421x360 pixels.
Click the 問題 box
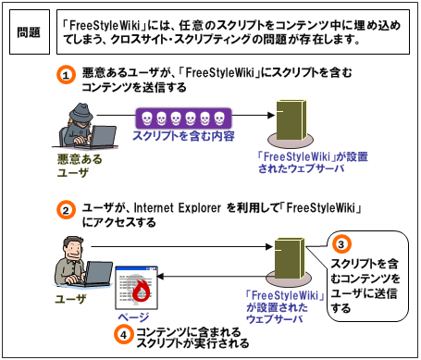[30, 31]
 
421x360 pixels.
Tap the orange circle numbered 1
[66, 75]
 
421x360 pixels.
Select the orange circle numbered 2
[66, 210]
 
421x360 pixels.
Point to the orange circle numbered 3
[341, 244]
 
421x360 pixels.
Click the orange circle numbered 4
[123, 335]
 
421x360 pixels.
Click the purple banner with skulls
[183, 118]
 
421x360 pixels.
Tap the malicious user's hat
[80, 112]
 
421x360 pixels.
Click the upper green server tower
[291, 119]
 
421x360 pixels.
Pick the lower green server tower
[290, 258]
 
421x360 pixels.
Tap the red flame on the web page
[142, 291]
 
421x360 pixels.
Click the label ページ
[133, 317]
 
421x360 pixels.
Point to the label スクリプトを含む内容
[183, 136]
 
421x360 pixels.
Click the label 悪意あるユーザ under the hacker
[80, 166]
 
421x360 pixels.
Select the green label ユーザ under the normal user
[70, 299]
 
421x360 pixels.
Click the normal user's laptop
[96, 274]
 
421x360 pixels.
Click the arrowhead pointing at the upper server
[271, 116]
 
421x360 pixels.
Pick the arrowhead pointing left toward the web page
[160, 276]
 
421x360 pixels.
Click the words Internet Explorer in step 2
[178, 208]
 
